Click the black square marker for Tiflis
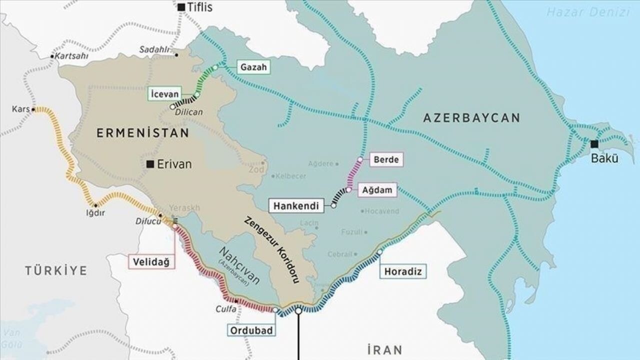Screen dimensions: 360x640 click(x=181, y=7)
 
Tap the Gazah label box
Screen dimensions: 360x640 click(x=253, y=67)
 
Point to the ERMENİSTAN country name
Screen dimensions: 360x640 click(x=142, y=133)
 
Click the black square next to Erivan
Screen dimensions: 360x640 click(x=149, y=164)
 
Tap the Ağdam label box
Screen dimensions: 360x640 click(x=377, y=189)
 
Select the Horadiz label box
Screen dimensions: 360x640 click(x=403, y=271)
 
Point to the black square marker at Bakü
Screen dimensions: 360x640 click(x=594, y=144)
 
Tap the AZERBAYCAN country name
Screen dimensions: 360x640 click(x=471, y=118)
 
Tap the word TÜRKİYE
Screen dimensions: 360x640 click(x=56, y=270)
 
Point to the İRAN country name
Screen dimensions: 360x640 click(x=384, y=349)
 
